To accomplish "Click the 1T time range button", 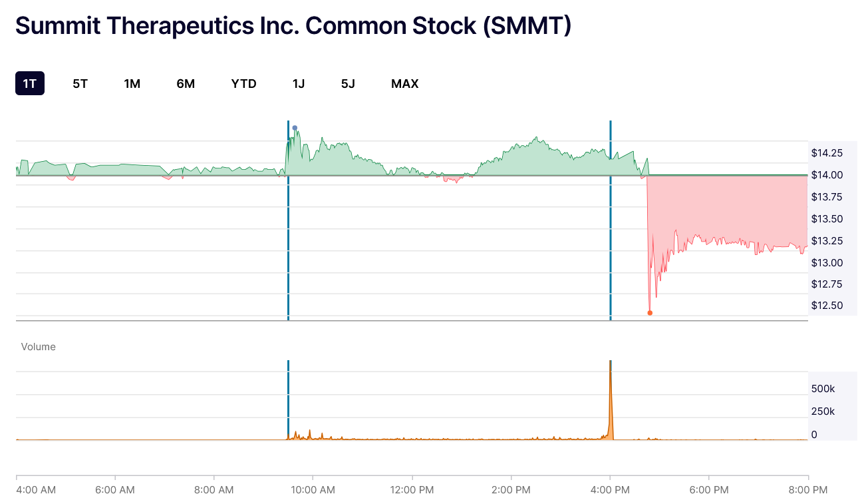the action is (x=30, y=83).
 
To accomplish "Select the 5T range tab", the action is (x=80, y=83).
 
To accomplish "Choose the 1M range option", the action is (x=132, y=83).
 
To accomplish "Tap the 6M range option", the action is (x=186, y=83).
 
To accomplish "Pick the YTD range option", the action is (x=243, y=83).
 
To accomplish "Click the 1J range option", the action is (x=299, y=83).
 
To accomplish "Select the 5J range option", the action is (x=348, y=83).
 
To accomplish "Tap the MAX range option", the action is (x=404, y=83).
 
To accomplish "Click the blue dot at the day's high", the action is (x=295, y=128).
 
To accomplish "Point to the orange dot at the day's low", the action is (x=650, y=313).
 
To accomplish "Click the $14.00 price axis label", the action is (x=827, y=175).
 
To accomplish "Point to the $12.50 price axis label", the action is (x=827, y=306).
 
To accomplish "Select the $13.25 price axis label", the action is (x=827, y=240).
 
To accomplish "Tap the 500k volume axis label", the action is (x=823, y=389).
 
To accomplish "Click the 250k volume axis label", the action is (x=823, y=411).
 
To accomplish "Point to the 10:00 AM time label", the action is (x=313, y=490).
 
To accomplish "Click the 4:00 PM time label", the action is (x=610, y=490).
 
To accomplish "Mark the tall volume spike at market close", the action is (x=611, y=407).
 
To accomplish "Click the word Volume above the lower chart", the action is (x=39, y=347).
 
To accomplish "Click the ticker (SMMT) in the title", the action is (x=527, y=26).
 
